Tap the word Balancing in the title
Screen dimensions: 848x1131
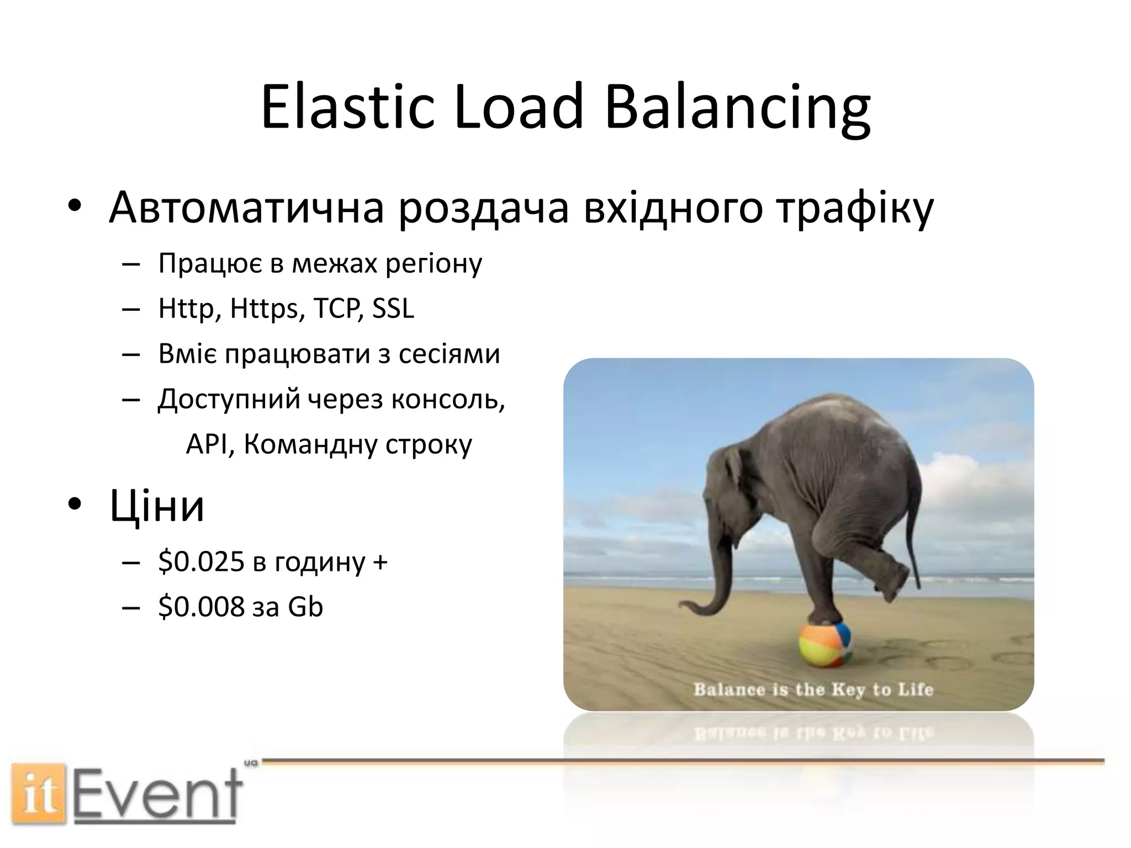[737, 108]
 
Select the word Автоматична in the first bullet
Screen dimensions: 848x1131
[246, 208]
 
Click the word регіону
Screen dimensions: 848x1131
[434, 264]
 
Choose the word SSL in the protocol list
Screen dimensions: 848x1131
[393, 308]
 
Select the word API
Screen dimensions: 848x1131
[207, 444]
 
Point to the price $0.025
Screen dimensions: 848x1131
[201, 562]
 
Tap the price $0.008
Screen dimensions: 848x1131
[201, 607]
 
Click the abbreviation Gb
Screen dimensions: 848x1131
[305, 607]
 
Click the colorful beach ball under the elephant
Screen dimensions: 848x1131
[825, 644]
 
